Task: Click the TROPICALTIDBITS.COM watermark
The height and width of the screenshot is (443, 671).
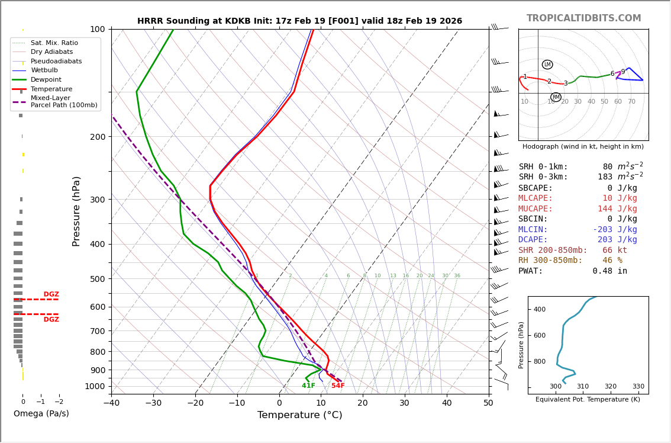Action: (x=583, y=18)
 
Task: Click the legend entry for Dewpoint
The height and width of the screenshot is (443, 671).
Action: (x=46, y=79)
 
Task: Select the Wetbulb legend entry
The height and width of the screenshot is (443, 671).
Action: (x=44, y=70)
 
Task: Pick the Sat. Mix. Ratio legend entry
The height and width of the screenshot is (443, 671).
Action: (x=54, y=43)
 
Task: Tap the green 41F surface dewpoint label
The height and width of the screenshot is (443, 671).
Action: (x=308, y=386)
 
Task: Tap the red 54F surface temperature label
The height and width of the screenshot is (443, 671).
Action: (x=338, y=386)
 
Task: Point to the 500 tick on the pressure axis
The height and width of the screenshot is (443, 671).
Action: (x=97, y=279)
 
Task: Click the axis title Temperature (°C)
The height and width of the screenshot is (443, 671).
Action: (x=299, y=415)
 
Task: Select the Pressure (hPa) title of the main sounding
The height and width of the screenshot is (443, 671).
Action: (x=76, y=211)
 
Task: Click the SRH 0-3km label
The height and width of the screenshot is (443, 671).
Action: (x=543, y=177)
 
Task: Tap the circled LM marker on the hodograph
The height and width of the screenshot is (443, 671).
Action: (x=547, y=65)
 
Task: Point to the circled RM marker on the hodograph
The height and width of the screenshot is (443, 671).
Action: (x=556, y=97)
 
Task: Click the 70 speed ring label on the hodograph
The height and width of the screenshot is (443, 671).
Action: (x=631, y=102)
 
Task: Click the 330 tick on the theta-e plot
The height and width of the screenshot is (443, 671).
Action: (x=638, y=387)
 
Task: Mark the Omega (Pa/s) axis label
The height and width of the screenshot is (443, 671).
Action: (x=41, y=414)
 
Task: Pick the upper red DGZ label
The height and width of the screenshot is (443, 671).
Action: (x=51, y=294)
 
